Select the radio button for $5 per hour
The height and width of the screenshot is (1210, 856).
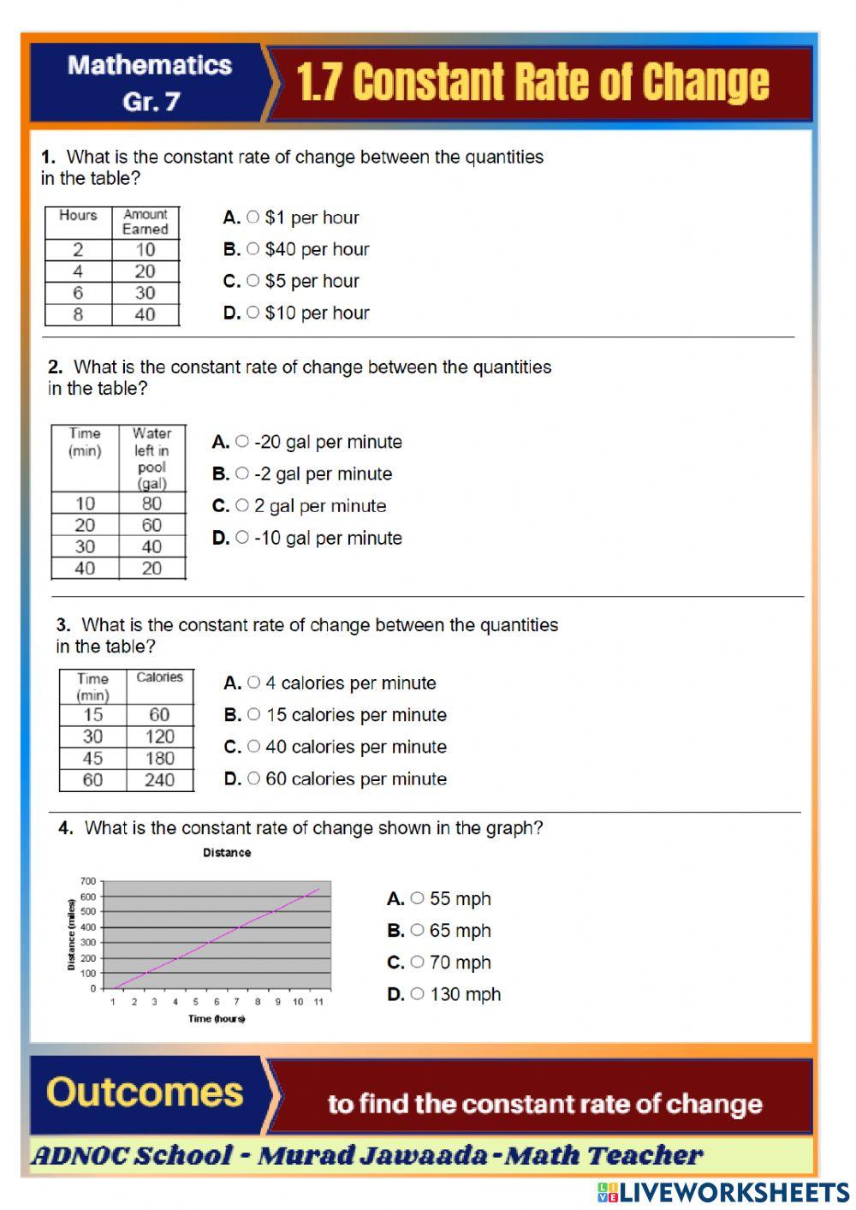pyautogui.click(x=253, y=281)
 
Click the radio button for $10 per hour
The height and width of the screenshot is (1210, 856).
pyautogui.click(x=253, y=313)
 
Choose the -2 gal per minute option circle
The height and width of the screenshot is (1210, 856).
pyautogui.click(x=242, y=474)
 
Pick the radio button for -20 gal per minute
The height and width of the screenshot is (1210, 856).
pyautogui.click(x=242, y=442)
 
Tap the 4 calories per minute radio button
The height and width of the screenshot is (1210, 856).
pyautogui.click(x=253, y=682)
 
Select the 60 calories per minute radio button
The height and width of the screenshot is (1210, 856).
pyautogui.click(x=253, y=778)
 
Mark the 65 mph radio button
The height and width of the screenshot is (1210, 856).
pyautogui.click(x=417, y=930)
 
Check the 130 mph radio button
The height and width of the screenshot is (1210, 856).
pyautogui.click(x=417, y=994)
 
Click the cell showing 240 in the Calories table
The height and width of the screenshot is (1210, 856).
pyautogui.click(x=159, y=780)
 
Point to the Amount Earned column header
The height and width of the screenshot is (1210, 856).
pyautogui.click(x=145, y=222)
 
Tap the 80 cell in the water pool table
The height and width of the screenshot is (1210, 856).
pyautogui.click(x=152, y=504)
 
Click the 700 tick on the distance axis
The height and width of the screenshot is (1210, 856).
pyautogui.click(x=88, y=881)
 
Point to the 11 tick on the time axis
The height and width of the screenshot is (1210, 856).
pyautogui.click(x=318, y=1002)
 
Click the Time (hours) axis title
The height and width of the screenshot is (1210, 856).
pyautogui.click(x=217, y=1019)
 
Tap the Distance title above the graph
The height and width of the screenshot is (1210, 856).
pyautogui.click(x=227, y=853)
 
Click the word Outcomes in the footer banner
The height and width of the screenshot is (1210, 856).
pyautogui.click(x=145, y=1093)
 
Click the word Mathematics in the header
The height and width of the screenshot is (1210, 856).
pyautogui.click(x=150, y=66)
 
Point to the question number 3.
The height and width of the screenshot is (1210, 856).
pyautogui.click(x=62, y=625)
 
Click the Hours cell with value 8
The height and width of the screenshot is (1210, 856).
pyautogui.click(x=78, y=314)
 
